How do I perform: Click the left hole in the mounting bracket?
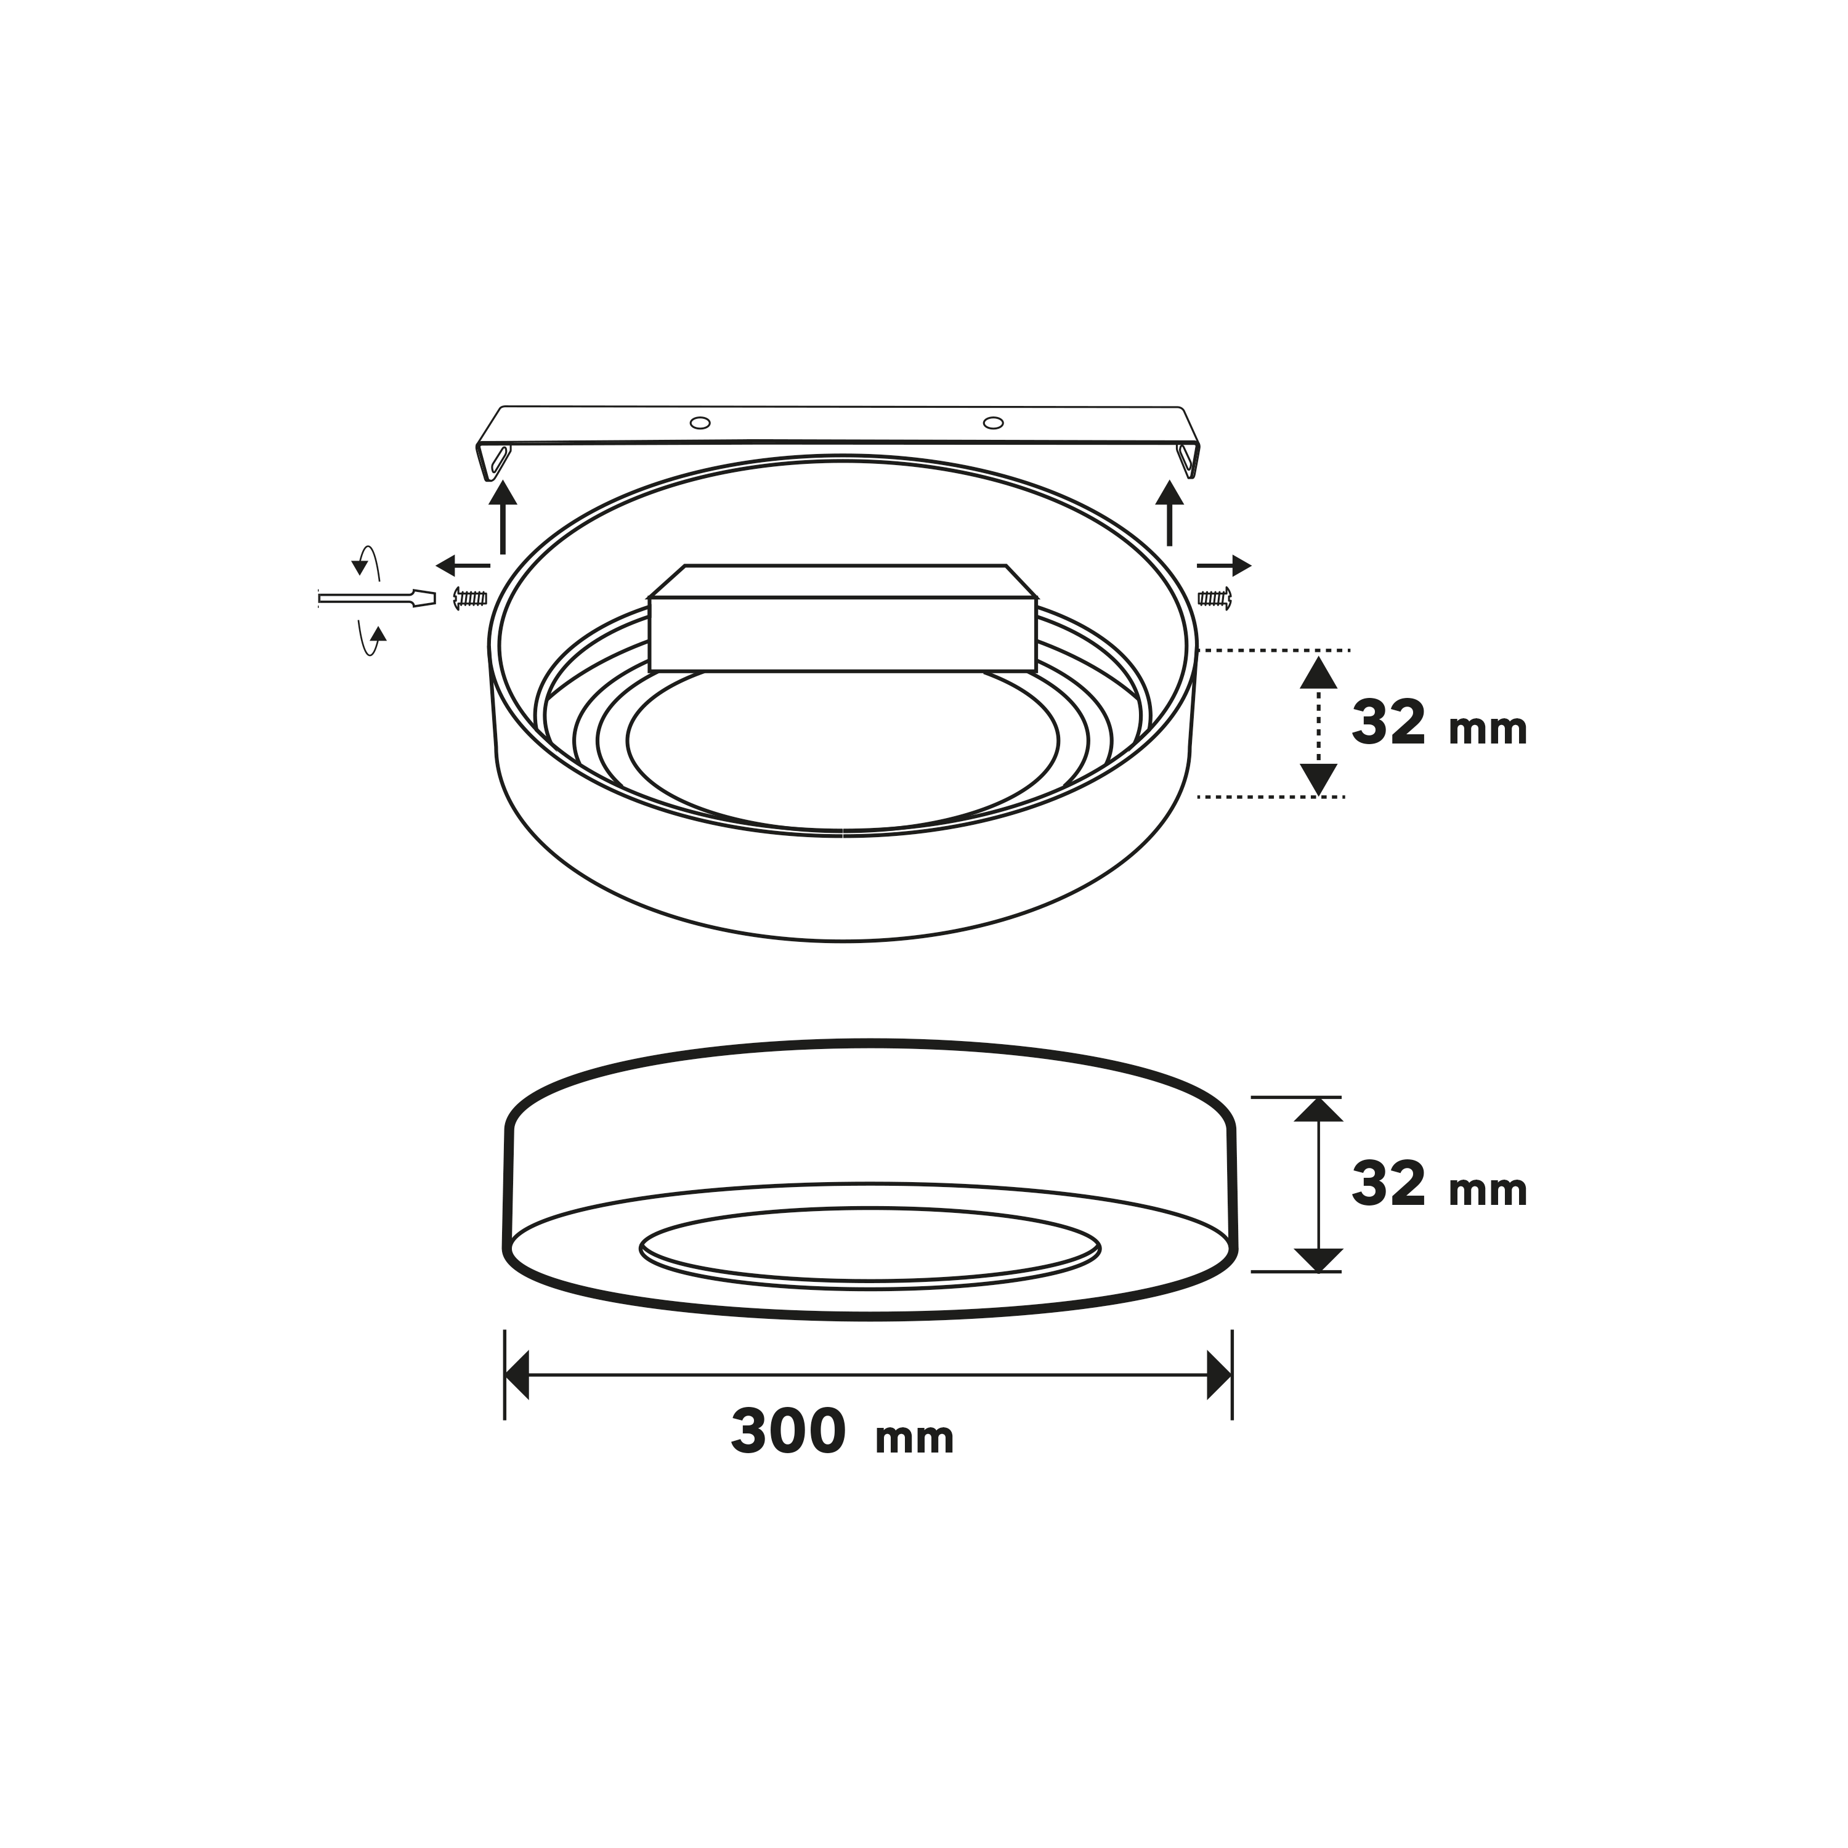click(x=700, y=423)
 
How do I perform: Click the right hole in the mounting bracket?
click(x=994, y=423)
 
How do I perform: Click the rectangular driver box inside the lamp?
click(x=841, y=632)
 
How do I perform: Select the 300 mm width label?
click(x=841, y=1432)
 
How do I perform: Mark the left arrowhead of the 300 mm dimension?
click(x=517, y=1376)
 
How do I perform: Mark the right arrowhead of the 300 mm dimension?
click(x=1220, y=1376)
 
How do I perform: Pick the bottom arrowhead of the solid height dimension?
click(x=1318, y=1260)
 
